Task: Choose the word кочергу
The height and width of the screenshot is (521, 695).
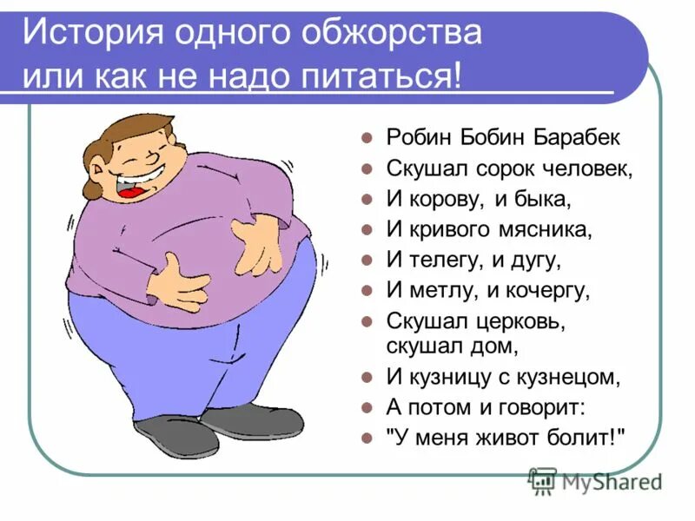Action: point(552,290)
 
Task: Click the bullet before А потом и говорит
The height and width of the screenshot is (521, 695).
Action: point(367,408)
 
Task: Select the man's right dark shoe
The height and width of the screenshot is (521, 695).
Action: point(252,419)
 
